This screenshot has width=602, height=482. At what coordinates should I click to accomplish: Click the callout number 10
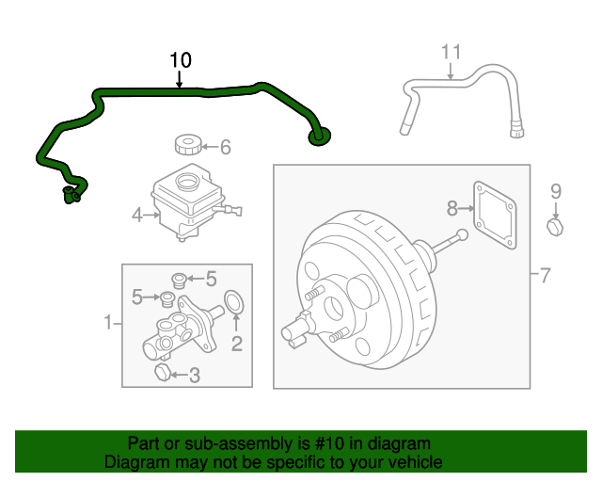pyautogui.click(x=181, y=60)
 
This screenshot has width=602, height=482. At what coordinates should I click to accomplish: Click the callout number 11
pyautogui.click(x=451, y=52)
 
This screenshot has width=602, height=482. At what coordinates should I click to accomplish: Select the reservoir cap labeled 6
pyautogui.click(x=188, y=145)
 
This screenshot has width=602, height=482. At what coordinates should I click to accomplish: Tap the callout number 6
pyautogui.click(x=225, y=147)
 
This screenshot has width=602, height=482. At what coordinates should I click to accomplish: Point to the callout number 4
pyautogui.click(x=137, y=216)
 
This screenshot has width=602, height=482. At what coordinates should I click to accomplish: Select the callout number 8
pyautogui.click(x=451, y=206)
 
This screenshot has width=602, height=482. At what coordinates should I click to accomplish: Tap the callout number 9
pyautogui.click(x=555, y=191)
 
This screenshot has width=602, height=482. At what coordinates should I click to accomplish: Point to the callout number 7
pyautogui.click(x=546, y=276)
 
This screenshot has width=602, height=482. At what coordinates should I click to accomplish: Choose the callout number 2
pyautogui.click(x=237, y=344)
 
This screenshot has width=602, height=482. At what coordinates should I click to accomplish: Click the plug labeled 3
pyautogui.click(x=161, y=375)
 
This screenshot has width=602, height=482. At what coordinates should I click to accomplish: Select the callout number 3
pyautogui.click(x=194, y=377)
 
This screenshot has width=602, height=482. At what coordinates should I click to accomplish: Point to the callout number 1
pyautogui.click(x=107, y=324)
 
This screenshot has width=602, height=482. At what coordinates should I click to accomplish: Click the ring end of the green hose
pyautogui.click(x=320, y=137)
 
